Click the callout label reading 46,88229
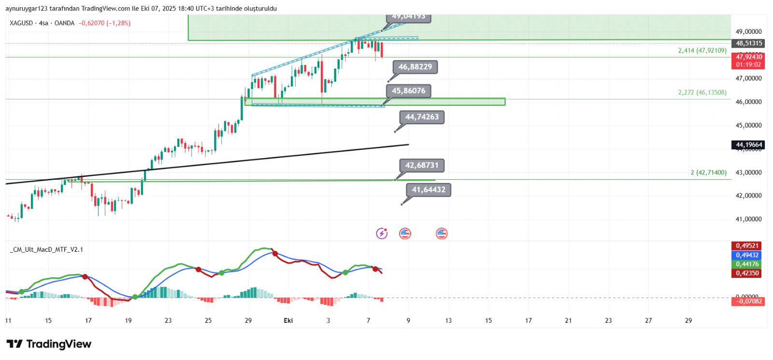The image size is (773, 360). coord(415,67)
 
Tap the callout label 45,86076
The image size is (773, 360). coord(408,91)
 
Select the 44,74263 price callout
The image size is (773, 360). coord(422,117)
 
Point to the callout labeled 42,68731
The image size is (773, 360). coord(422,165)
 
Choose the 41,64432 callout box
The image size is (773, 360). coord(429,190)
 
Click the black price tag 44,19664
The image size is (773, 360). coord(749,145)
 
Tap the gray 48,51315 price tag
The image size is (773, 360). coord(749,43)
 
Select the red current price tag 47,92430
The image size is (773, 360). coord(749,57)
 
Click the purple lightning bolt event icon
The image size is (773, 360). coord(382,234)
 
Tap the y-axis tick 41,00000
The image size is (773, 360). coord(748,219)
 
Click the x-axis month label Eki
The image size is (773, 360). coord(288,320)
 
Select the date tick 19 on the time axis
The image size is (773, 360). coord(128,320)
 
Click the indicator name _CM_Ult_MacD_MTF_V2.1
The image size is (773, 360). coord(46,249)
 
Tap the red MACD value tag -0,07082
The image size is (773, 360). coord(748,302)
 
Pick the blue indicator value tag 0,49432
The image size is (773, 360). coord(747,255)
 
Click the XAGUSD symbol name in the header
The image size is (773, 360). coord(21,23)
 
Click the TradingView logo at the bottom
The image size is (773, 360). coord(49,344)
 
